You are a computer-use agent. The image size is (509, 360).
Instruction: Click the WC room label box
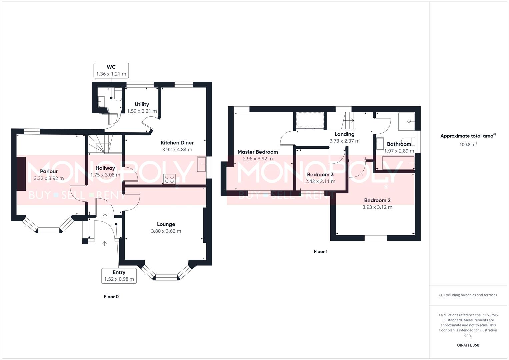click(111, 70)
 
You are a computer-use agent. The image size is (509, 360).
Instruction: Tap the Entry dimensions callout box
click(119, 276)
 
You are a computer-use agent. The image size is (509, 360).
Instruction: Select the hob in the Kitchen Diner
click(169, 179)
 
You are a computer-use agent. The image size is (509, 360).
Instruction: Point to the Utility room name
click(142, 104)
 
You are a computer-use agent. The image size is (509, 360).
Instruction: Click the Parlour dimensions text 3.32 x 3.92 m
click(49, 178)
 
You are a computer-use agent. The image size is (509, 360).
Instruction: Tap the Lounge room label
click(166, 224)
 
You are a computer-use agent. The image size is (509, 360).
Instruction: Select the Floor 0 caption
click(111, 297)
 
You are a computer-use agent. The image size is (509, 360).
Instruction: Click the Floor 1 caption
click(320, 252)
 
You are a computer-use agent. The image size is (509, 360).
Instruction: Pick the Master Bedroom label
click(258, 152)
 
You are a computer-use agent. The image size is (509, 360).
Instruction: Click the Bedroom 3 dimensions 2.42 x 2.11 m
click(320, 181)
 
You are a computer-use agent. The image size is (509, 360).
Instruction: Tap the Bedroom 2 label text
click(377, 200)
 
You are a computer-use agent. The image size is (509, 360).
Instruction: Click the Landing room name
click(344, 134)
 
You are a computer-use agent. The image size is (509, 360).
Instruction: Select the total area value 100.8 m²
click(468, 145)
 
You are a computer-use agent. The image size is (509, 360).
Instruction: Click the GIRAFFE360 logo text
click(468, 345)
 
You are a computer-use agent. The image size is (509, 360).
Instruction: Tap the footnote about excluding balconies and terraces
click(468, 295)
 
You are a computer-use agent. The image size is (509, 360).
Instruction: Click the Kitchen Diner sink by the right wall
click(202, 163)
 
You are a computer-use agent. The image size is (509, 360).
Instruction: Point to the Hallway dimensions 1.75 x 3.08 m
click(105, 175)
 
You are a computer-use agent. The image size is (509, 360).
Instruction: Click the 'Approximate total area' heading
click(468, 136)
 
